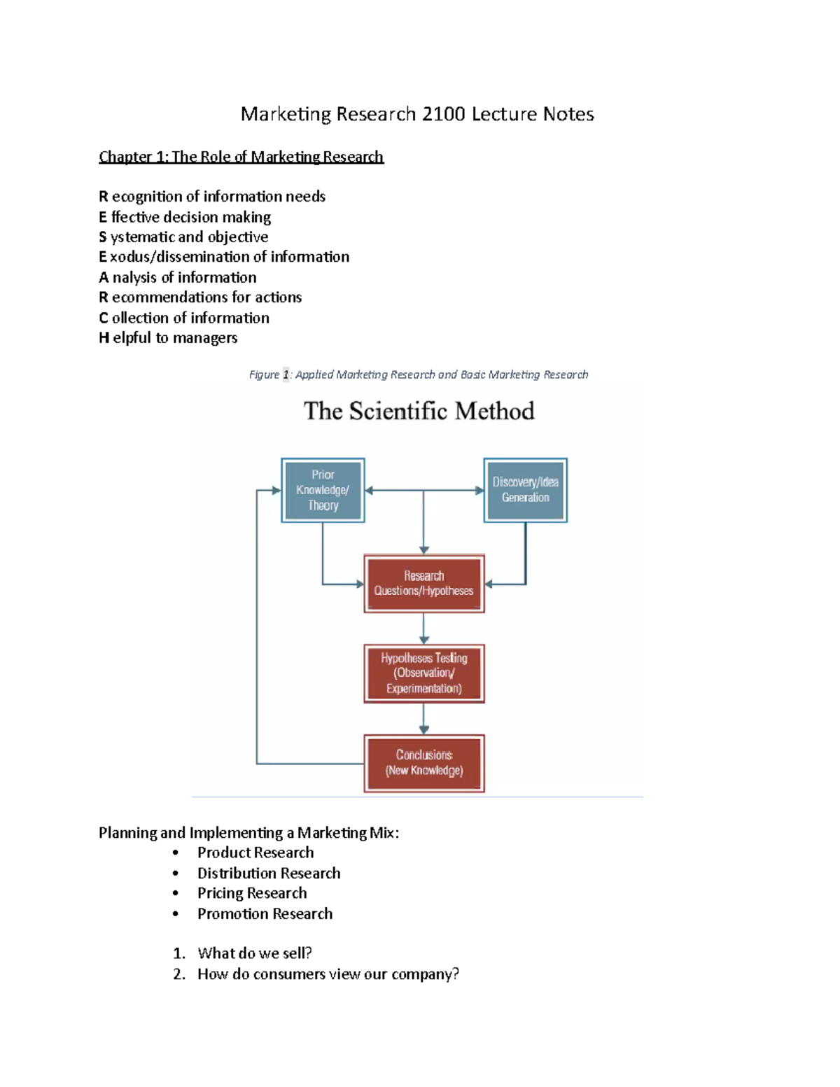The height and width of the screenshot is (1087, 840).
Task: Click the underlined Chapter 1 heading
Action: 241,157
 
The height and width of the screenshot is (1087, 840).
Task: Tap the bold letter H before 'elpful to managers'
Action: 104,338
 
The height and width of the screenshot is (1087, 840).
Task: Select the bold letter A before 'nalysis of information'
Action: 104,278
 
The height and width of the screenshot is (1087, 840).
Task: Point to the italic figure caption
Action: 419,375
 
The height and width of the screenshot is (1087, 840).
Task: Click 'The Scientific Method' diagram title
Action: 419,411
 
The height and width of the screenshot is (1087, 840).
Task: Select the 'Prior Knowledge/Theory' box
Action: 323,490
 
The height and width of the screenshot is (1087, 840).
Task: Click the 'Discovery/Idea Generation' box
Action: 525,490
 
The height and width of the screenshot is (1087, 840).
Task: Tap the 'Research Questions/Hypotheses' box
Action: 423,584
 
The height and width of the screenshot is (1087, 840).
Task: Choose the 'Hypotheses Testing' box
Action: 423,673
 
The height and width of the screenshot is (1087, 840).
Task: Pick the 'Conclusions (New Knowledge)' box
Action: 423,763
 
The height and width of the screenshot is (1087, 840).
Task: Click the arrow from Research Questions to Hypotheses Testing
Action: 423,629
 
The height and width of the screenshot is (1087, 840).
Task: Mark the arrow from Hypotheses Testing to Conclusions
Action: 423,719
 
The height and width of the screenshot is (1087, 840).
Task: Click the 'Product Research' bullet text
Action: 255,853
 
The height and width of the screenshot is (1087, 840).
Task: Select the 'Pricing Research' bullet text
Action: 252,893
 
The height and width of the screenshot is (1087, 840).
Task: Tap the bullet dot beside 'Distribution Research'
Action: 176,874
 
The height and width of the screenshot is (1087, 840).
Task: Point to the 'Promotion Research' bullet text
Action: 265,914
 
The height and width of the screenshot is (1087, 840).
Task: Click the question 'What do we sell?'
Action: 255,953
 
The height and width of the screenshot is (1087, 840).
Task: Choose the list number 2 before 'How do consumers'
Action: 178,974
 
